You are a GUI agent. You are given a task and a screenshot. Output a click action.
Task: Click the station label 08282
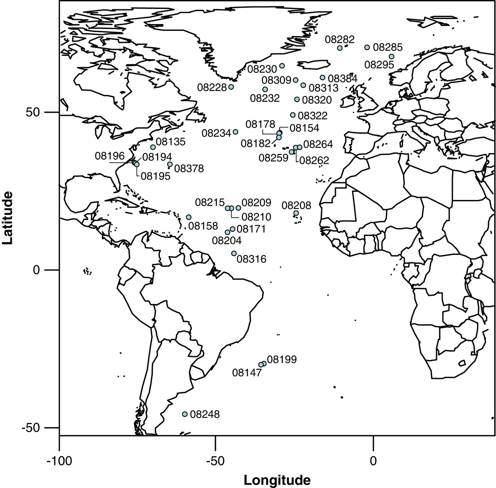pos(340,39)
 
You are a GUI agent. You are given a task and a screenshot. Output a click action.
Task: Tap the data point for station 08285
pos(367,48)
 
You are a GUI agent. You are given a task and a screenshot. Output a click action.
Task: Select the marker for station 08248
pos(185,414)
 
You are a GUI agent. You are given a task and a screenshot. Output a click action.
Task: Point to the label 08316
pos(251,259)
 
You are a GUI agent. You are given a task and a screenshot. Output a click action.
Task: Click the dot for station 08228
pos(231,87)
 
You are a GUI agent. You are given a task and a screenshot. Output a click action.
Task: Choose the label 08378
pos(189,168)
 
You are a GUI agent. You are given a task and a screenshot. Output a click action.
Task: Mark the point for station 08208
pos(296,213)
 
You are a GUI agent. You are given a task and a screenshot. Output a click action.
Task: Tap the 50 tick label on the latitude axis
pos(34,112)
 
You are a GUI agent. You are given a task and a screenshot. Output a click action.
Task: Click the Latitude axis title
pos(8,217)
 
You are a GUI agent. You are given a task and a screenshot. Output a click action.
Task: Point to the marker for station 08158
pos(189,217)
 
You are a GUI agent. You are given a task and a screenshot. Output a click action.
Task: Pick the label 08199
pos(282,359)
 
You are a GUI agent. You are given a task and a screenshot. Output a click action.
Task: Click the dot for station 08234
pos(235,132)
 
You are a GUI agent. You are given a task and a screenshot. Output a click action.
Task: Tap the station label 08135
pos(171,142)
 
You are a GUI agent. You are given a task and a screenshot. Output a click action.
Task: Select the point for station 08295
pos(391,56)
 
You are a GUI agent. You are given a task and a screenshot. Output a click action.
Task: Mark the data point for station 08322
pos(293,115)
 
